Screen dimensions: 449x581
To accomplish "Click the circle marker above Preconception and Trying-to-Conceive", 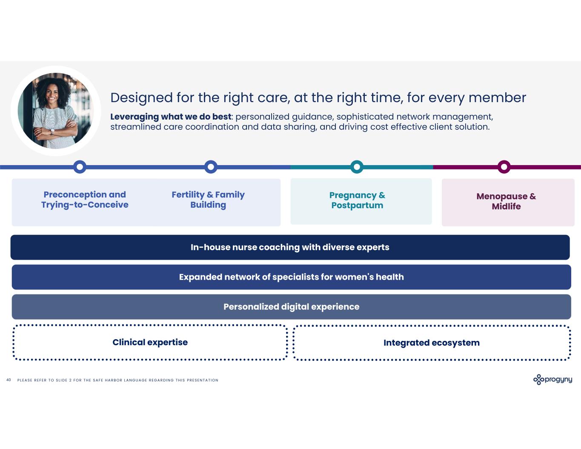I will click(80, 167).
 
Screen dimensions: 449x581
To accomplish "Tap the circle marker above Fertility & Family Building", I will click(211, 167).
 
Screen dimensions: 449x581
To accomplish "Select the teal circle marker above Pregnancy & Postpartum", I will click(357, 167).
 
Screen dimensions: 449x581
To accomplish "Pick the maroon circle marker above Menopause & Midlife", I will click(504, 167).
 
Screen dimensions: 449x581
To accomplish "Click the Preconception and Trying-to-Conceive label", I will click(85, 200).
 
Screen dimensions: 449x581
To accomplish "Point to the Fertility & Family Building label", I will click(208, 200).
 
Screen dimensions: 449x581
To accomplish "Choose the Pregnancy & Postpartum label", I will click(357, 200).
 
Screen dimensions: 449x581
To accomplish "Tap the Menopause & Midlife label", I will click(506, 201).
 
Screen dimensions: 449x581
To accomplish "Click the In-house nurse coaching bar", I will click(290, 247).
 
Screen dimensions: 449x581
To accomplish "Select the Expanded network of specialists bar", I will click(291, 277).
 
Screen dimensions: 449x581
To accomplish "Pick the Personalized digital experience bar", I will click(291, 307).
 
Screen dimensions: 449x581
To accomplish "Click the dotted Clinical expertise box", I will click(150, 343).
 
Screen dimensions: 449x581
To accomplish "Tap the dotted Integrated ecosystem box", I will click(432, 343).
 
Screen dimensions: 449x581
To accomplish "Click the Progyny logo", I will click(552, 379).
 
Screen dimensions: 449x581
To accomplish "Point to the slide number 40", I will click(9, 380).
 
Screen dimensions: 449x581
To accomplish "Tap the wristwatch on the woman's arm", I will click(52, 132).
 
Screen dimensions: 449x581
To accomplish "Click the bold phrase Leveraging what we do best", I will click(171, 117).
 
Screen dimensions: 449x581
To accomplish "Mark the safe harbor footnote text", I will click(117, 380).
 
